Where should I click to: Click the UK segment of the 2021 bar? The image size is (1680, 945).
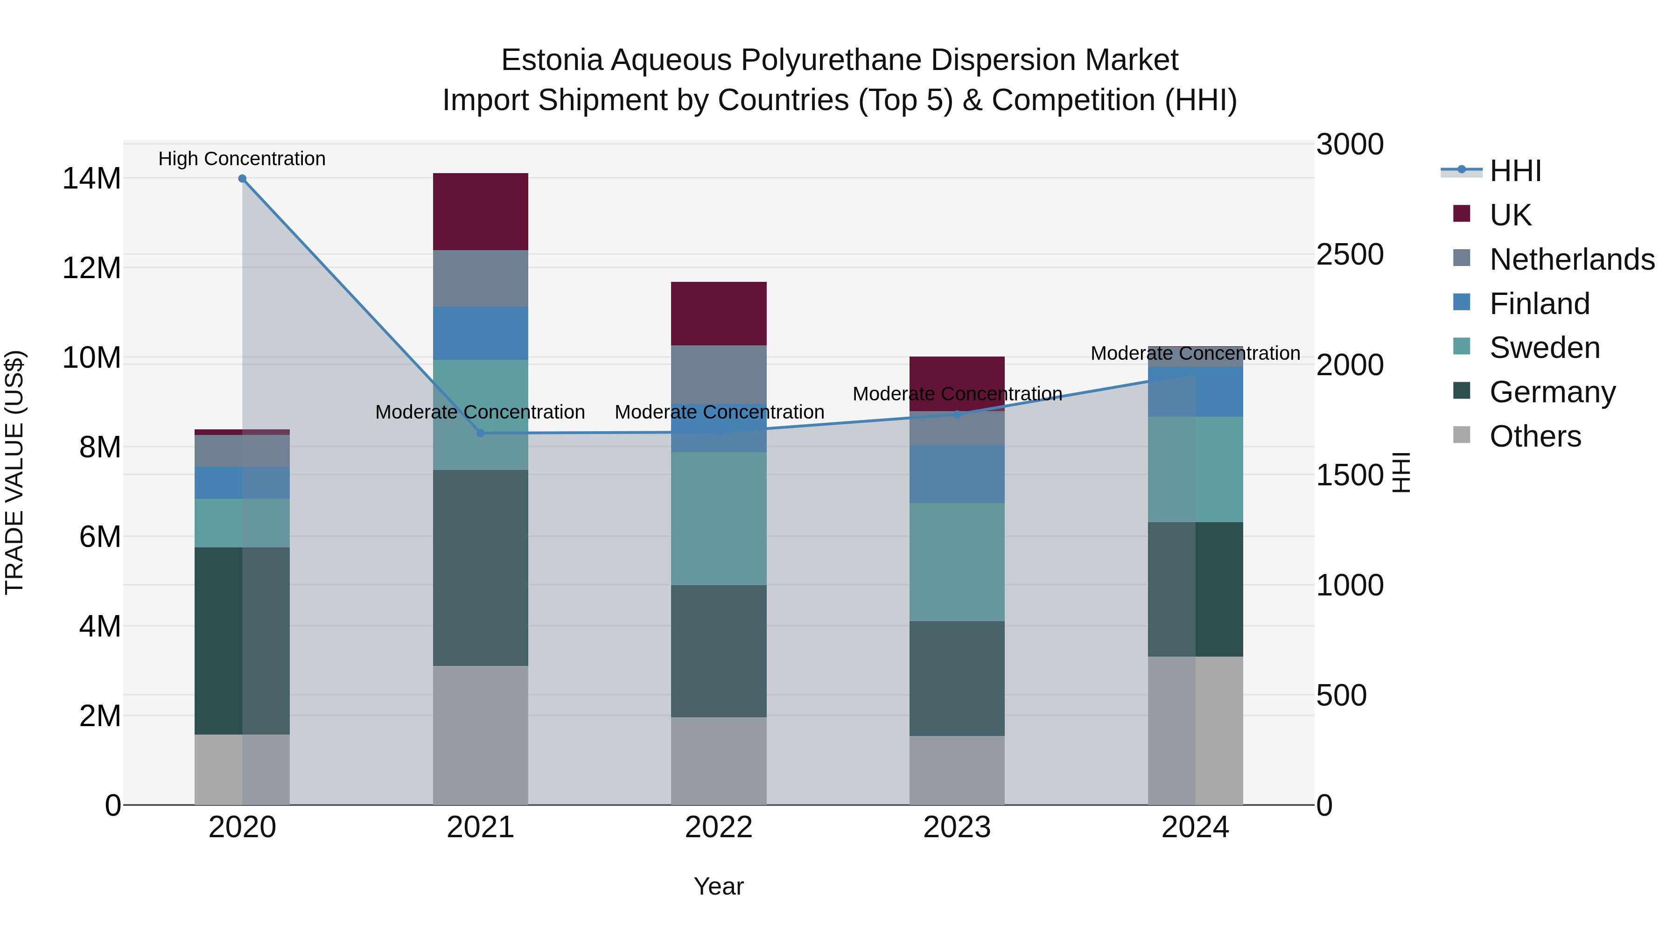point(480,211)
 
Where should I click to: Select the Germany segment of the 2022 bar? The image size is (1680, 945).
point(719,651)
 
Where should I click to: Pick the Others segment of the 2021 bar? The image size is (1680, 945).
point(480,735)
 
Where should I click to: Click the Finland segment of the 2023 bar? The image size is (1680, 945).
point(957,474)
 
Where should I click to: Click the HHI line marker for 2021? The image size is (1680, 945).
point(481,433)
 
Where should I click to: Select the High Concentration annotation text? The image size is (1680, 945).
point(242,159)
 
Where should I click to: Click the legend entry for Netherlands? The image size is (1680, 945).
point(1572,259)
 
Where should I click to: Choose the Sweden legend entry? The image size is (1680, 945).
point(1544,348)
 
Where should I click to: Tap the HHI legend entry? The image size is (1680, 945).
point(1515,171)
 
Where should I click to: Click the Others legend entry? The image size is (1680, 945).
point(1535,436)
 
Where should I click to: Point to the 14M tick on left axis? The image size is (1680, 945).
point(91,179)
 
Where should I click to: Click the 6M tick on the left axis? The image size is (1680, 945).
point(100,537)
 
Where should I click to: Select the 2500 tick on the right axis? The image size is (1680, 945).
point(1349,254)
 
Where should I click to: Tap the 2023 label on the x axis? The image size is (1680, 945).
point(957,827)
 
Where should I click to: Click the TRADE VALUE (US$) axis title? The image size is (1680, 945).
point(14,472)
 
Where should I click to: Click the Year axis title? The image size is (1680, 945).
point(719,886)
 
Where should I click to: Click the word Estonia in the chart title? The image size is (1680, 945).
point(552,60)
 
